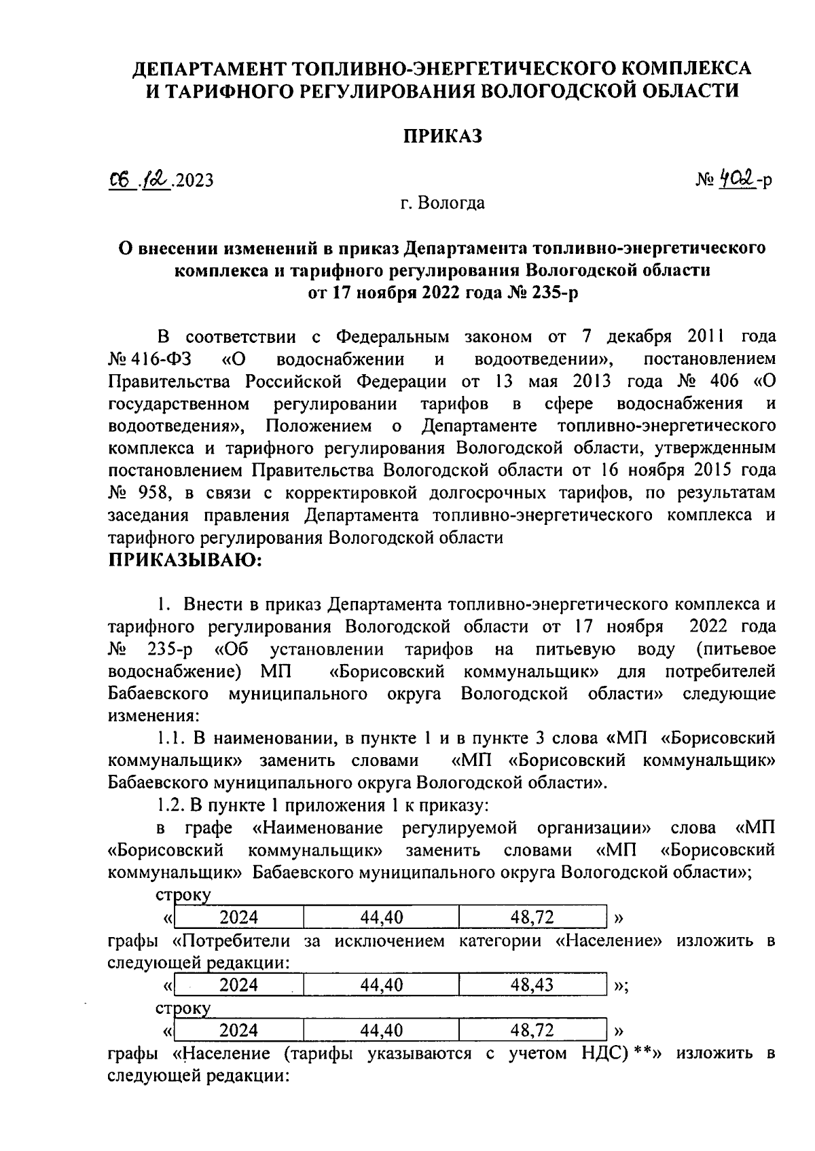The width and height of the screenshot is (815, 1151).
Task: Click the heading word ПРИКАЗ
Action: coord(442,136)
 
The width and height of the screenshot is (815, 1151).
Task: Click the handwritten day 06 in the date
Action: coord(122,181)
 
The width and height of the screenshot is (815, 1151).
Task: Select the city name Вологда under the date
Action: coord(451,203)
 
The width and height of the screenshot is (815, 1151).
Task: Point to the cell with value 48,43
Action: coord(532,985)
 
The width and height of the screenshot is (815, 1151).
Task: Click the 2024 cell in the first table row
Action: coord(238,918)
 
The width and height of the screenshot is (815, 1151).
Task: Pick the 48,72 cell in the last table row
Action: coord(532,1031)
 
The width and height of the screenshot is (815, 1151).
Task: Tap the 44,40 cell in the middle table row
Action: coord(381,985)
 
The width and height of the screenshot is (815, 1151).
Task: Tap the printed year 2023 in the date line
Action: coord(194,181)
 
